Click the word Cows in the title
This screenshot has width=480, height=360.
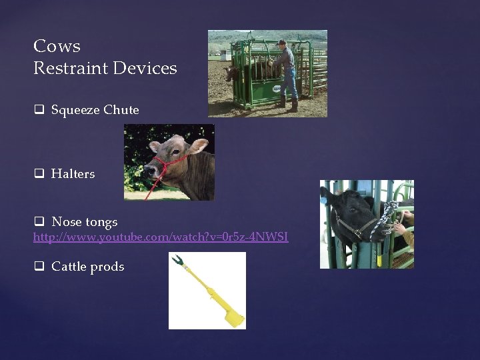click(x=57, y=46)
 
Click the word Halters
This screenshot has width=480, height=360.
click(x=73, y=174)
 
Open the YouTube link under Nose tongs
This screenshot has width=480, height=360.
click(x=161, y=237)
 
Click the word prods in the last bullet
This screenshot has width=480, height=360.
click(x=108, y=267)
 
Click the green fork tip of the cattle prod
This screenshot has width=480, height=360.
click(x=178, y=259)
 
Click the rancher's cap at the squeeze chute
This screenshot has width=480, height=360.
click(x=282, y=42)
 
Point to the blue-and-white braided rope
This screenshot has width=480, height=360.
click(x=387, y=217)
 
